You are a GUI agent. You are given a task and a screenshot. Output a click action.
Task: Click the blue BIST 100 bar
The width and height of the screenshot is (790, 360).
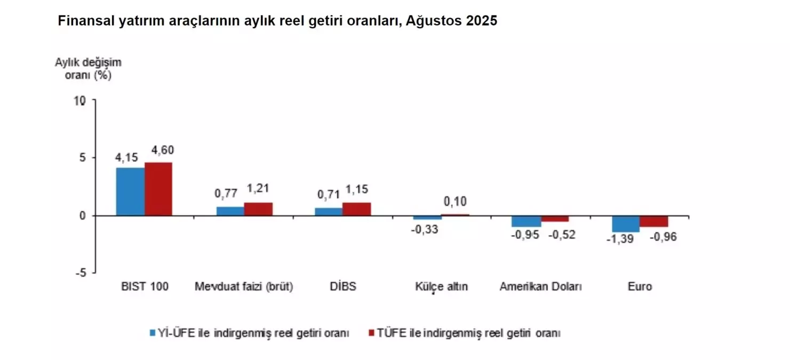(130, 191)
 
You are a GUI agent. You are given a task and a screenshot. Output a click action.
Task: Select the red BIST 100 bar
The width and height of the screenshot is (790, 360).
(158, 189)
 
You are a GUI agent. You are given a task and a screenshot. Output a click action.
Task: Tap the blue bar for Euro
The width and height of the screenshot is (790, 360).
(626, 223)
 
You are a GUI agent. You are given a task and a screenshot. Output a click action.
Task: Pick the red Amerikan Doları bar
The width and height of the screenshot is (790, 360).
(555, 219)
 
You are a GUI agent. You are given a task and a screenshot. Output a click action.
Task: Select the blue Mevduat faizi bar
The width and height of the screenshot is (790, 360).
(230, 211)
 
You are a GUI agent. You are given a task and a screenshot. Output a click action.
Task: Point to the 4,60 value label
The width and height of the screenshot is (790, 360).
(162, 150)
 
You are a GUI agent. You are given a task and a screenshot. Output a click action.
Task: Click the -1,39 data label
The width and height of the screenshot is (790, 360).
(620, 239)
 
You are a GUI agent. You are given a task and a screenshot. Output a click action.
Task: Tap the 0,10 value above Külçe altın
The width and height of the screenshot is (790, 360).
(455, 202)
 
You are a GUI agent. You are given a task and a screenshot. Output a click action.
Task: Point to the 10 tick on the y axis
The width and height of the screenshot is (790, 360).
(80, 101)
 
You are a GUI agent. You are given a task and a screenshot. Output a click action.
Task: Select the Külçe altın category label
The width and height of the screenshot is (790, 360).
(441, 286)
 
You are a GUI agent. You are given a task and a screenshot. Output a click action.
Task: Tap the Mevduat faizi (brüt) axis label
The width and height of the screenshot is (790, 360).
(244, 286)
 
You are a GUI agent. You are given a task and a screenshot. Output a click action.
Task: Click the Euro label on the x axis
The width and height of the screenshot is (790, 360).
(640, 286)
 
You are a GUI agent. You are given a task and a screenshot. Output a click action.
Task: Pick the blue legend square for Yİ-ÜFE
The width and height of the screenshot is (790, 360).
(152, 333)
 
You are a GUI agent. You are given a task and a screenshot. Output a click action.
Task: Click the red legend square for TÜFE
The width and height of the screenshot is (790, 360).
(372, 333)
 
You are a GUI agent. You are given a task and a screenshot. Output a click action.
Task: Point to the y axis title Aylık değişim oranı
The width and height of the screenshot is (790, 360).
(88, 68)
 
